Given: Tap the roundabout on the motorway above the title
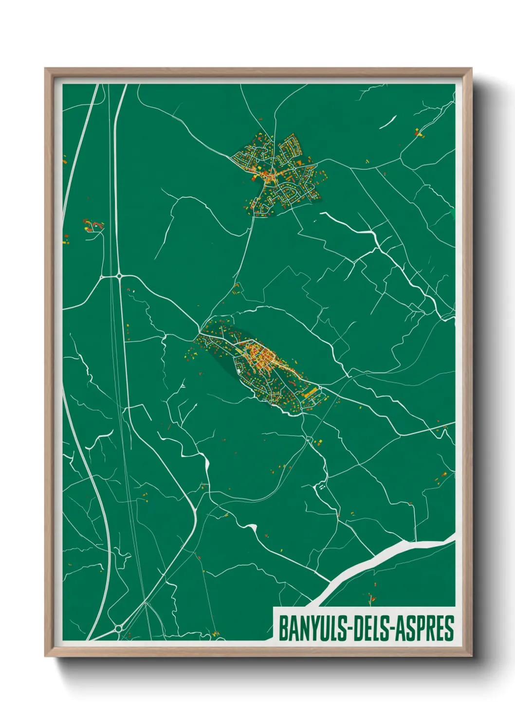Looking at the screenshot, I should (x=119, y=276).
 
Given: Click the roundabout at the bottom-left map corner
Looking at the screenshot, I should (x=118, y=629).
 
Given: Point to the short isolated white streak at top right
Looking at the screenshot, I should (x=388, y=122).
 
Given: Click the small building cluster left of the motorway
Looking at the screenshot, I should (x=92, y=225).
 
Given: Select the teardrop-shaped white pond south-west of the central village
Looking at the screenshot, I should (x=206, y=464).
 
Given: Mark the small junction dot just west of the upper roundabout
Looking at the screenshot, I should (x=101, y=277).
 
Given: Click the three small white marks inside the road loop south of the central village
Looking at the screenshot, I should (x=321, y=486).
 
